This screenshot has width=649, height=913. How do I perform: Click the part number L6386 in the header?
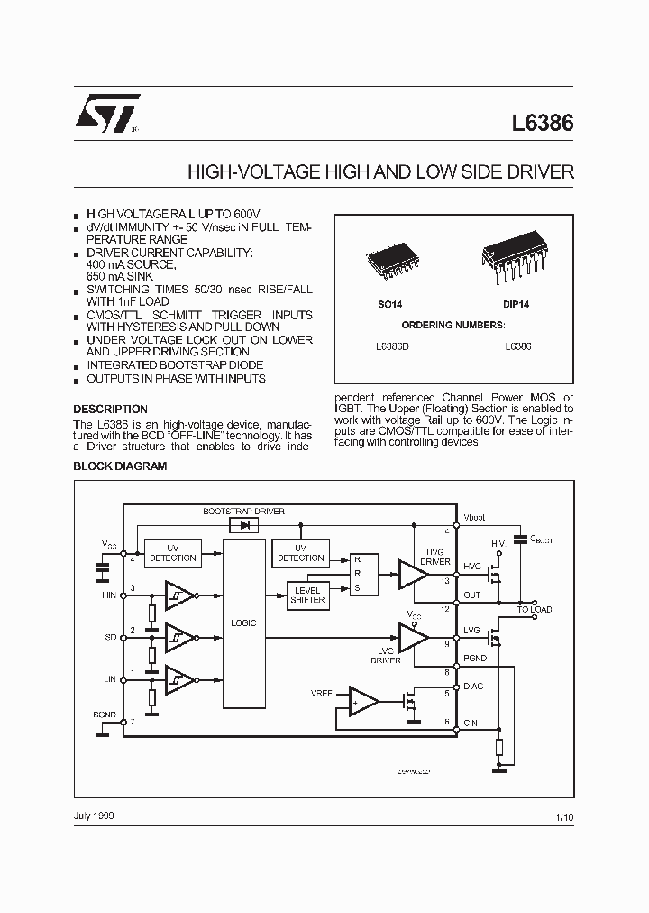tap(543, 124)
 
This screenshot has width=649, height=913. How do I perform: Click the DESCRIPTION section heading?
tap(110, 409)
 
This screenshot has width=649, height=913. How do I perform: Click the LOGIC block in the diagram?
tap(243, 622)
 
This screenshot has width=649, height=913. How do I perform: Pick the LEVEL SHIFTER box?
tap(307, 595)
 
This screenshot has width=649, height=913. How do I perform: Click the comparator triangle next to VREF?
tap(363, 700)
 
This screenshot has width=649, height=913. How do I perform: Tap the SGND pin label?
tap(105, 714)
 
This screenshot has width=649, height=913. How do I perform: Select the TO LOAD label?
tap(534, 610)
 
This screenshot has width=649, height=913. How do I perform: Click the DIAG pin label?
tap(473, 687)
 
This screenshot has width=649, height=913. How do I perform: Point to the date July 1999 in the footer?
tap(94, 816)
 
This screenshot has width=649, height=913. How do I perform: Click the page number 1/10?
tap(563, 816)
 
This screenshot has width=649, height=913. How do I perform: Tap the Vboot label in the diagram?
tap(474, 517)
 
